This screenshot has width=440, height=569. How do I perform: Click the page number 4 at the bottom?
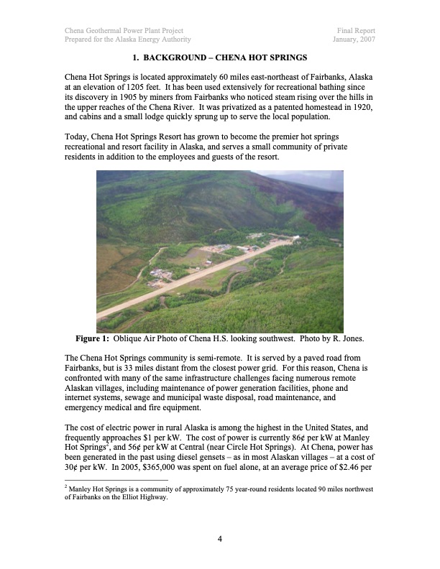pos(220,542)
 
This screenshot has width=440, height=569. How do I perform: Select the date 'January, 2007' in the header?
pos(354,40)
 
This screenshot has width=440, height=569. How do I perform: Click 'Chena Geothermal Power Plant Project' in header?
pos(124,31)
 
